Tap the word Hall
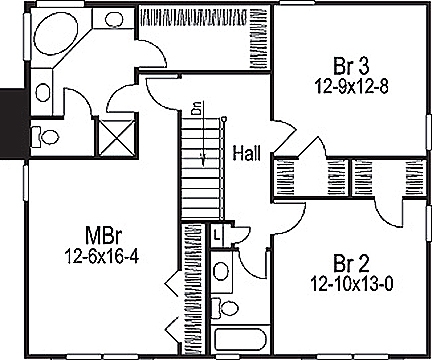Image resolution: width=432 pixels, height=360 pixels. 247,153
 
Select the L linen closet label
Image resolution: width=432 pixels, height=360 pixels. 217,233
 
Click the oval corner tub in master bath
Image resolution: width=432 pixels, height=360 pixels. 55,40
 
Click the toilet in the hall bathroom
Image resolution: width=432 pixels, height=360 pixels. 227,306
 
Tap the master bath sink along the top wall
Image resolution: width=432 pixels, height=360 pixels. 113,18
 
